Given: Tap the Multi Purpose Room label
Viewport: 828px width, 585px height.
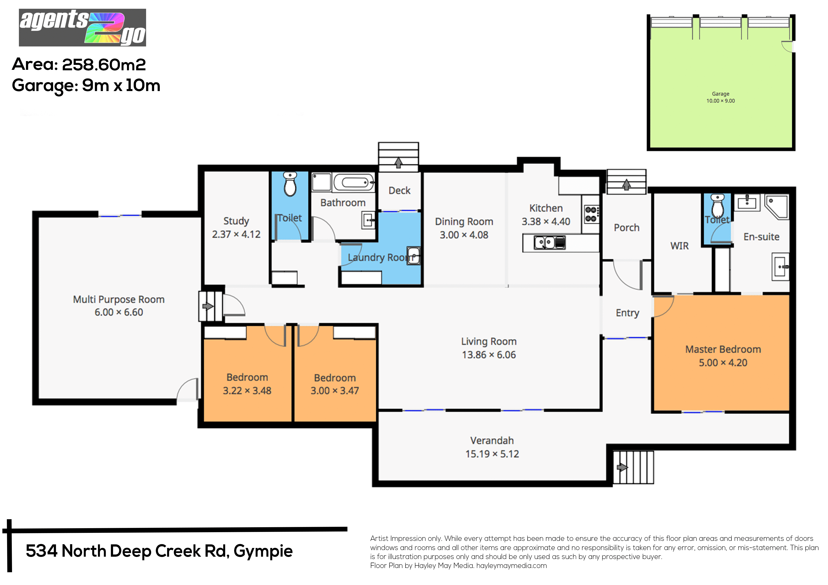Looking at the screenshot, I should (119, 300).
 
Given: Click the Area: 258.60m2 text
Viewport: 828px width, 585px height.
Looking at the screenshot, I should (79, 65).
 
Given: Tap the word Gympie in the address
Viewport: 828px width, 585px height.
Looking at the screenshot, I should (263, 551).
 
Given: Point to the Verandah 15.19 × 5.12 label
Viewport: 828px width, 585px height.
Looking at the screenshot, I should (492, 447).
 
